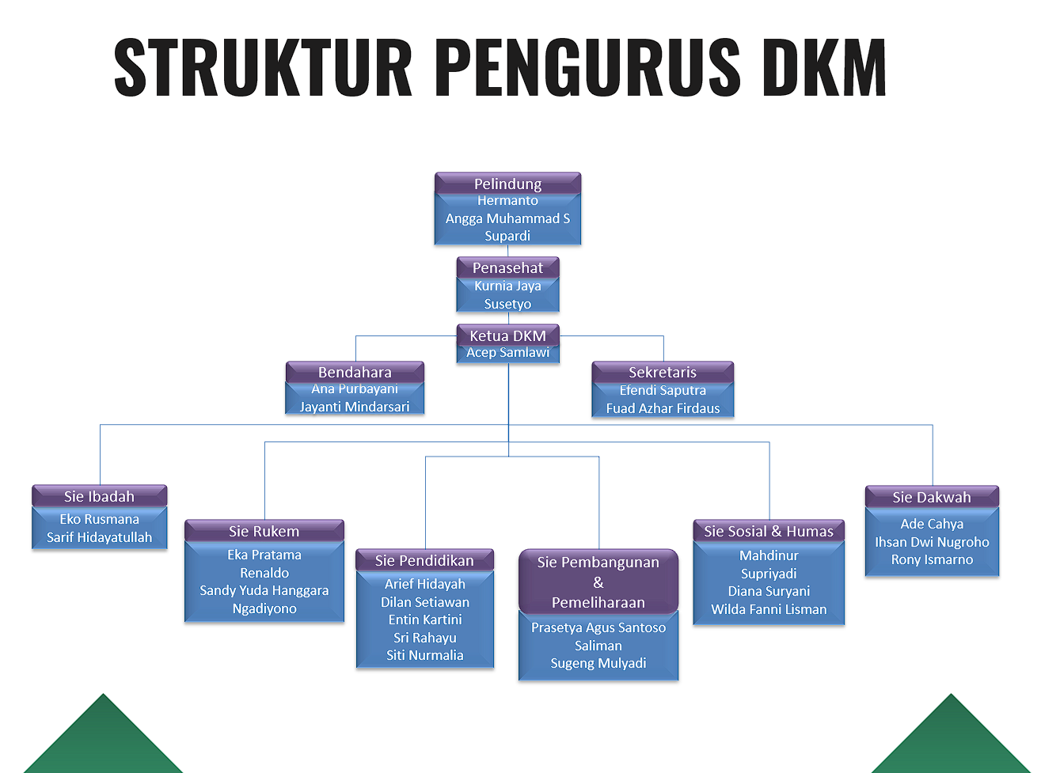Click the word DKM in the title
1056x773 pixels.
(x=824, y=67)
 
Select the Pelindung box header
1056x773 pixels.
(x=507, y=184)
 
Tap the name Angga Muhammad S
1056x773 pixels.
(x=507, y=218)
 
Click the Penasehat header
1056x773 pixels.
(x=507, y=267)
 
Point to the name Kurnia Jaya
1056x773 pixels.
(x=507, y=286)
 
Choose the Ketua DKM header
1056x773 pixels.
(x=507, y=335)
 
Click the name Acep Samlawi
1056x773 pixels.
(x=507, y=353)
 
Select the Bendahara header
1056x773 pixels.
(x=355, y=372)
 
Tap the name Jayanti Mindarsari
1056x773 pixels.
(x=355, y=407)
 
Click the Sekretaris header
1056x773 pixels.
(x=663, y=372)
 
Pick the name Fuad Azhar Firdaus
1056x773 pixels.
(x=663, y=408)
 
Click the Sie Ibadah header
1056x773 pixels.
(x=99, y=496)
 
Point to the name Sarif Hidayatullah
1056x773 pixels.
(x=99, y=537)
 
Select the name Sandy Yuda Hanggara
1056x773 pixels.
(x=264, y=590)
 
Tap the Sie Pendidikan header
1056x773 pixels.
(x=424, y=560)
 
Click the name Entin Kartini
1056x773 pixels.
(x=425, y=620)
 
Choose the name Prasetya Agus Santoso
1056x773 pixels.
(x=598, y=627)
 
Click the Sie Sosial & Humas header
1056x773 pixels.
(x=769, y=531)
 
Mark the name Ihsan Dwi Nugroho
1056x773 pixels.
(x=932, y=542)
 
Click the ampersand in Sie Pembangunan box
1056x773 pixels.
(x=598, y=582)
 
